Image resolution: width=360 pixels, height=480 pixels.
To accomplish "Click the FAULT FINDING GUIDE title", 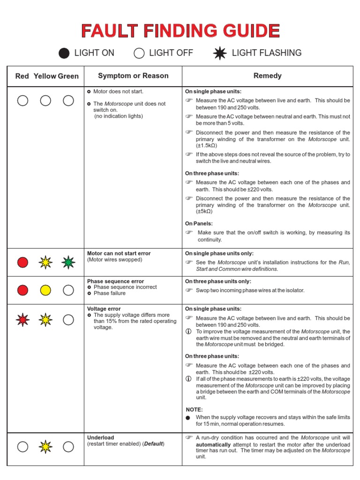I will [180, 31].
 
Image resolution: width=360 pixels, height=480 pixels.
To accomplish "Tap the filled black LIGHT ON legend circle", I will [64, 53].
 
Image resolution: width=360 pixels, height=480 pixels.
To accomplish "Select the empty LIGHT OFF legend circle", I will [139, 53].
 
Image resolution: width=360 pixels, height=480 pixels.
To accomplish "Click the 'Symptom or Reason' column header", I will [133, 76].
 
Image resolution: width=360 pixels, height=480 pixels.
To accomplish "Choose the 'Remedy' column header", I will [267, 76].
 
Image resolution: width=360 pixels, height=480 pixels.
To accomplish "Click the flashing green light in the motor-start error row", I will [68, 262].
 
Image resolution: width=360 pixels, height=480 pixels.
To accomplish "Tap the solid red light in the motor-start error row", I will [22, 262].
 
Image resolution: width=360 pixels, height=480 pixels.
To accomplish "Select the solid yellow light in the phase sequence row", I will [45, 290].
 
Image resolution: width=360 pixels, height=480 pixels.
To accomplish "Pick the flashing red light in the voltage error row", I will [22, 320].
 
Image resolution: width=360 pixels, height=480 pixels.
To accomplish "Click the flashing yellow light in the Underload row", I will [45, 447].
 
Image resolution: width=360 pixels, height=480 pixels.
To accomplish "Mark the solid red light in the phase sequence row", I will [22, 290].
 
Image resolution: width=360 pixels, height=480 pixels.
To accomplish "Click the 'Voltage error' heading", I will [104, 309].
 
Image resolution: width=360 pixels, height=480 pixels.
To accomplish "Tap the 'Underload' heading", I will [101, 437].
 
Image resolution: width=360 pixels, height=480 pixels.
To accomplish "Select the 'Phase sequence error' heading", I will [115, 281].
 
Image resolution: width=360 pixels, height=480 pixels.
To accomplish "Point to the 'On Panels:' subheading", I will [199, 224].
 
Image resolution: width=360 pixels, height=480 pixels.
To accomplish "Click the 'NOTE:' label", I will [194, 409].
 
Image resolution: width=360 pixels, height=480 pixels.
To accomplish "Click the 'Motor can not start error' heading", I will [119, 253].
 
